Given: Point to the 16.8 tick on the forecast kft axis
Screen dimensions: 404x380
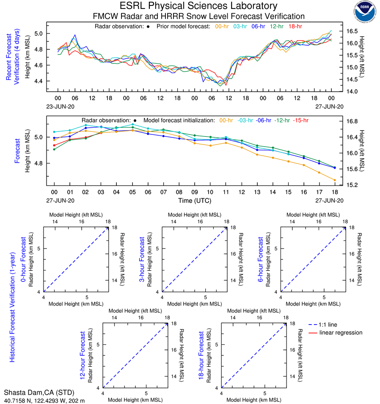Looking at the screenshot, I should pos(356,121).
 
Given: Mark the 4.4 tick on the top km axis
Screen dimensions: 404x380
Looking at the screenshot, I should pos(38,81).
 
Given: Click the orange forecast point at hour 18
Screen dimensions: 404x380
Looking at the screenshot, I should pos(335,180).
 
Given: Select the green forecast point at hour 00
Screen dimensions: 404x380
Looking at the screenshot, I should pos(54,149).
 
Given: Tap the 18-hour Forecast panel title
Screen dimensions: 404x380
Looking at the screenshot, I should pos(202,355).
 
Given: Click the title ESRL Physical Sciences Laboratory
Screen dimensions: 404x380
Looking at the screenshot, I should pos(198,6).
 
